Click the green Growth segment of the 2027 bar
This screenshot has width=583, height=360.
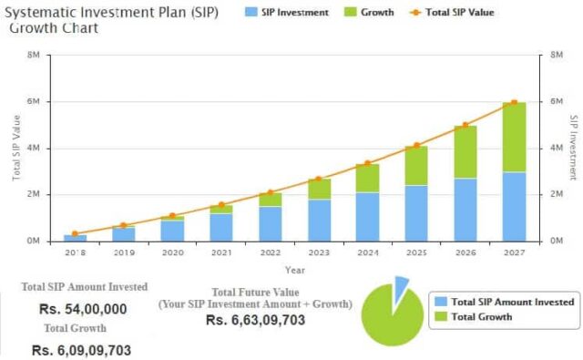515,137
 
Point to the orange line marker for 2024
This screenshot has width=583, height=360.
367,163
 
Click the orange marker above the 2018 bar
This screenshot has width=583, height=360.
76,233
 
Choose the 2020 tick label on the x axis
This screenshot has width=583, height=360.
172,253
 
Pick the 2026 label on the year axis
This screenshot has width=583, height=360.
465,253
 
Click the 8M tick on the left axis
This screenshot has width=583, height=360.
33,56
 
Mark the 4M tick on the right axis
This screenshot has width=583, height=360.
557,149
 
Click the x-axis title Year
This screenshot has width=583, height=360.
294,270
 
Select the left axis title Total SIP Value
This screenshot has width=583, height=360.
16,148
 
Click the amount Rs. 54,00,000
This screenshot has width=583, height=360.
83,309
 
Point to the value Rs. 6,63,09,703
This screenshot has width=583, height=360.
254,320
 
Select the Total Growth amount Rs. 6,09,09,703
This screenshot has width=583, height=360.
81,350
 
